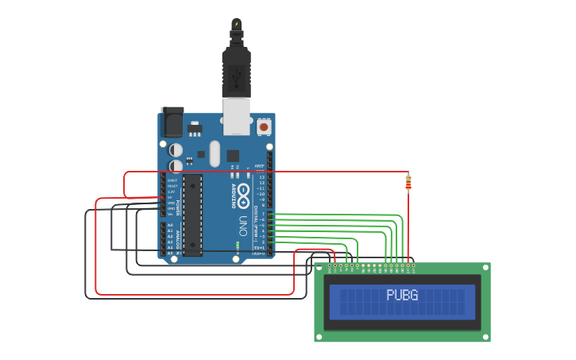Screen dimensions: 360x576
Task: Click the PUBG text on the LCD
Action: coord(402,296)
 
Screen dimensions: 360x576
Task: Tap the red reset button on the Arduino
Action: coord(263,126)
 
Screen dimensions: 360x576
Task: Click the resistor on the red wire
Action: coord(408,182)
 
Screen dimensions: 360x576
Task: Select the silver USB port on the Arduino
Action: coord(236,117)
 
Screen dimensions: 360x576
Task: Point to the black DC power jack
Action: coord(172,122)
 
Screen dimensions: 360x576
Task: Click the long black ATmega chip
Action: coord(192,215)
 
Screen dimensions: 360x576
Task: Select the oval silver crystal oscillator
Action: coord(215,153)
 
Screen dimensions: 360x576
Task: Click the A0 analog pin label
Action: coord(170,226)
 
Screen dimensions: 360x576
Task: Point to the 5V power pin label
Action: coord(171,197)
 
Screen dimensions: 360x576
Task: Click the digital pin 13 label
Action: coord(261,177)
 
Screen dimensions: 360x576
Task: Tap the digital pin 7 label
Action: coord(262,214)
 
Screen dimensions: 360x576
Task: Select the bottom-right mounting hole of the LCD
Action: coord(485,336)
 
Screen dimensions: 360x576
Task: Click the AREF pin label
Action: coord(259,167)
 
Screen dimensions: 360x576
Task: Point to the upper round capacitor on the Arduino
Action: coord(176,149)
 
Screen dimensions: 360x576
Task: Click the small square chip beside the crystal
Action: coord(233,156)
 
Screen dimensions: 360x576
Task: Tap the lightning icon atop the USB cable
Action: coord(236,24)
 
